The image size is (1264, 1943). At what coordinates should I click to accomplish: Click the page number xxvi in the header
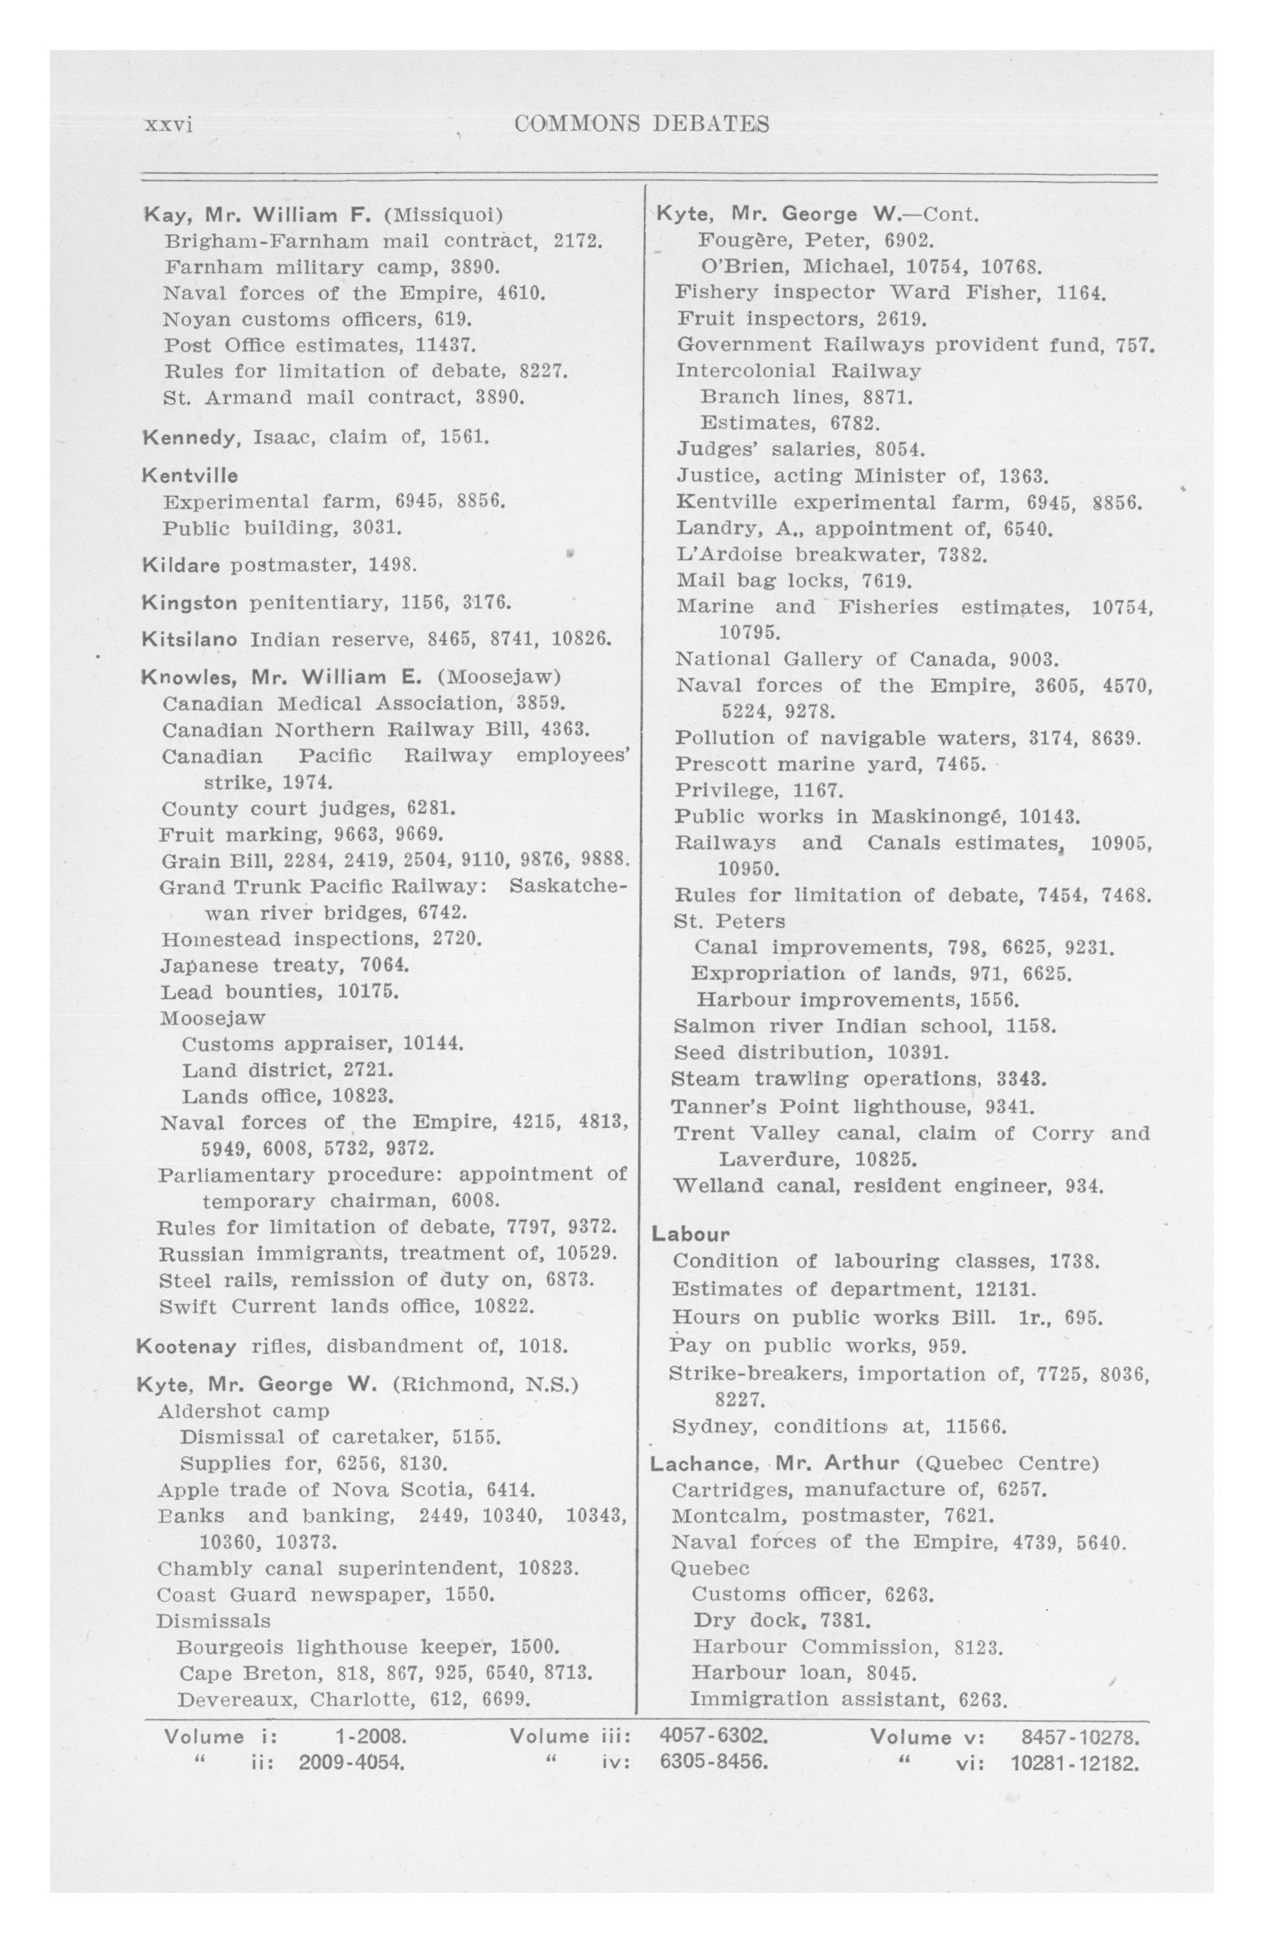(168, 125)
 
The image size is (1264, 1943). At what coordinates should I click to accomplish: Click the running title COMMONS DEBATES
(642, 124)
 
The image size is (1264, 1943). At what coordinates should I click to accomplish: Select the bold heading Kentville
(190, 475)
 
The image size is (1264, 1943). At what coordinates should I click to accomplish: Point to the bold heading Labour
(690, 1233)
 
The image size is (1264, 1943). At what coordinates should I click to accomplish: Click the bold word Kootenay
(187, 1346)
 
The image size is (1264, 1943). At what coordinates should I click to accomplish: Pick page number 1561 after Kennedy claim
(464, 437)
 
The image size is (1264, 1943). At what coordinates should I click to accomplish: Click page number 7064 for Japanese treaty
(383, 965)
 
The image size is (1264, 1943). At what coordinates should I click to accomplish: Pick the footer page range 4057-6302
(713, 1737)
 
